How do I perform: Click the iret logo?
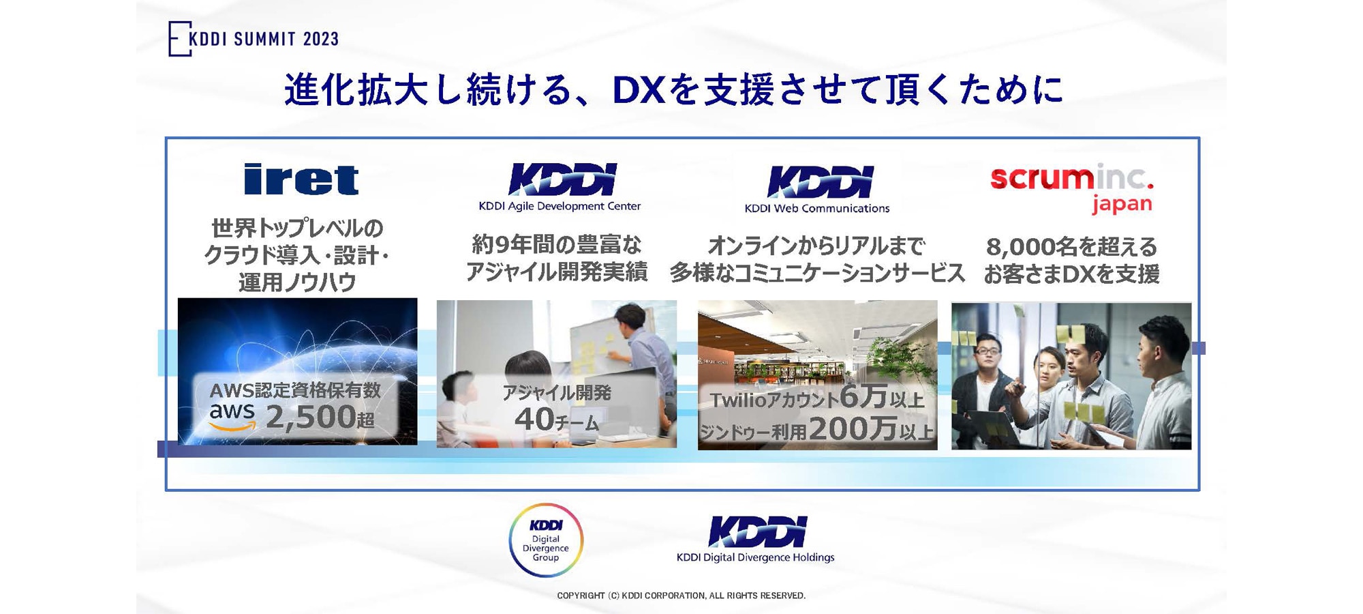(x=301, y=179)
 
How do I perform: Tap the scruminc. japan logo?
(x=1071, y=188)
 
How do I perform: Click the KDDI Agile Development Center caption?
(x=560, y=206)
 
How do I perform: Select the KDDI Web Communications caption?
(x=816, y=208)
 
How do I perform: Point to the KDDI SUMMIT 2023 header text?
(x=263, y=39)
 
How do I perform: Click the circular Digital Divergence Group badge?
(x=546, y=540)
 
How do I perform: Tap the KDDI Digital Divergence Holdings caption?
(x=755, y=557)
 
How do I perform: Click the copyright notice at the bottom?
(x=681, y=596)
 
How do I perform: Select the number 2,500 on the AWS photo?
(x=310, y=417)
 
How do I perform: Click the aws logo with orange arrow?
(x=232, y=416)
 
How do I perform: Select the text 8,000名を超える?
(x=1071, y=246)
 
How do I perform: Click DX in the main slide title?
(x=639, y=90)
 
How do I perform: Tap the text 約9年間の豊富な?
(x=557, y=244)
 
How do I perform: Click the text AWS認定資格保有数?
(x=295, y=390)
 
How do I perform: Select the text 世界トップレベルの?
(x=297, y=228)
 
